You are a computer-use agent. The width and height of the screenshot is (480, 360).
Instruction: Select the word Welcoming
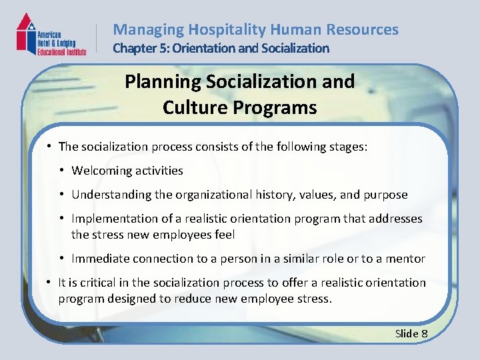click(99, 171)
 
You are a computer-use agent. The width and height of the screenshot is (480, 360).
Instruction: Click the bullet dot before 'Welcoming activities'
click(62, 171)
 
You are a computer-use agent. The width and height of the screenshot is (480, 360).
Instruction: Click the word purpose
click(385, 195)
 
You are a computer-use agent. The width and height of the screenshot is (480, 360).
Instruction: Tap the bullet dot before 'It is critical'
click(49, 283)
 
